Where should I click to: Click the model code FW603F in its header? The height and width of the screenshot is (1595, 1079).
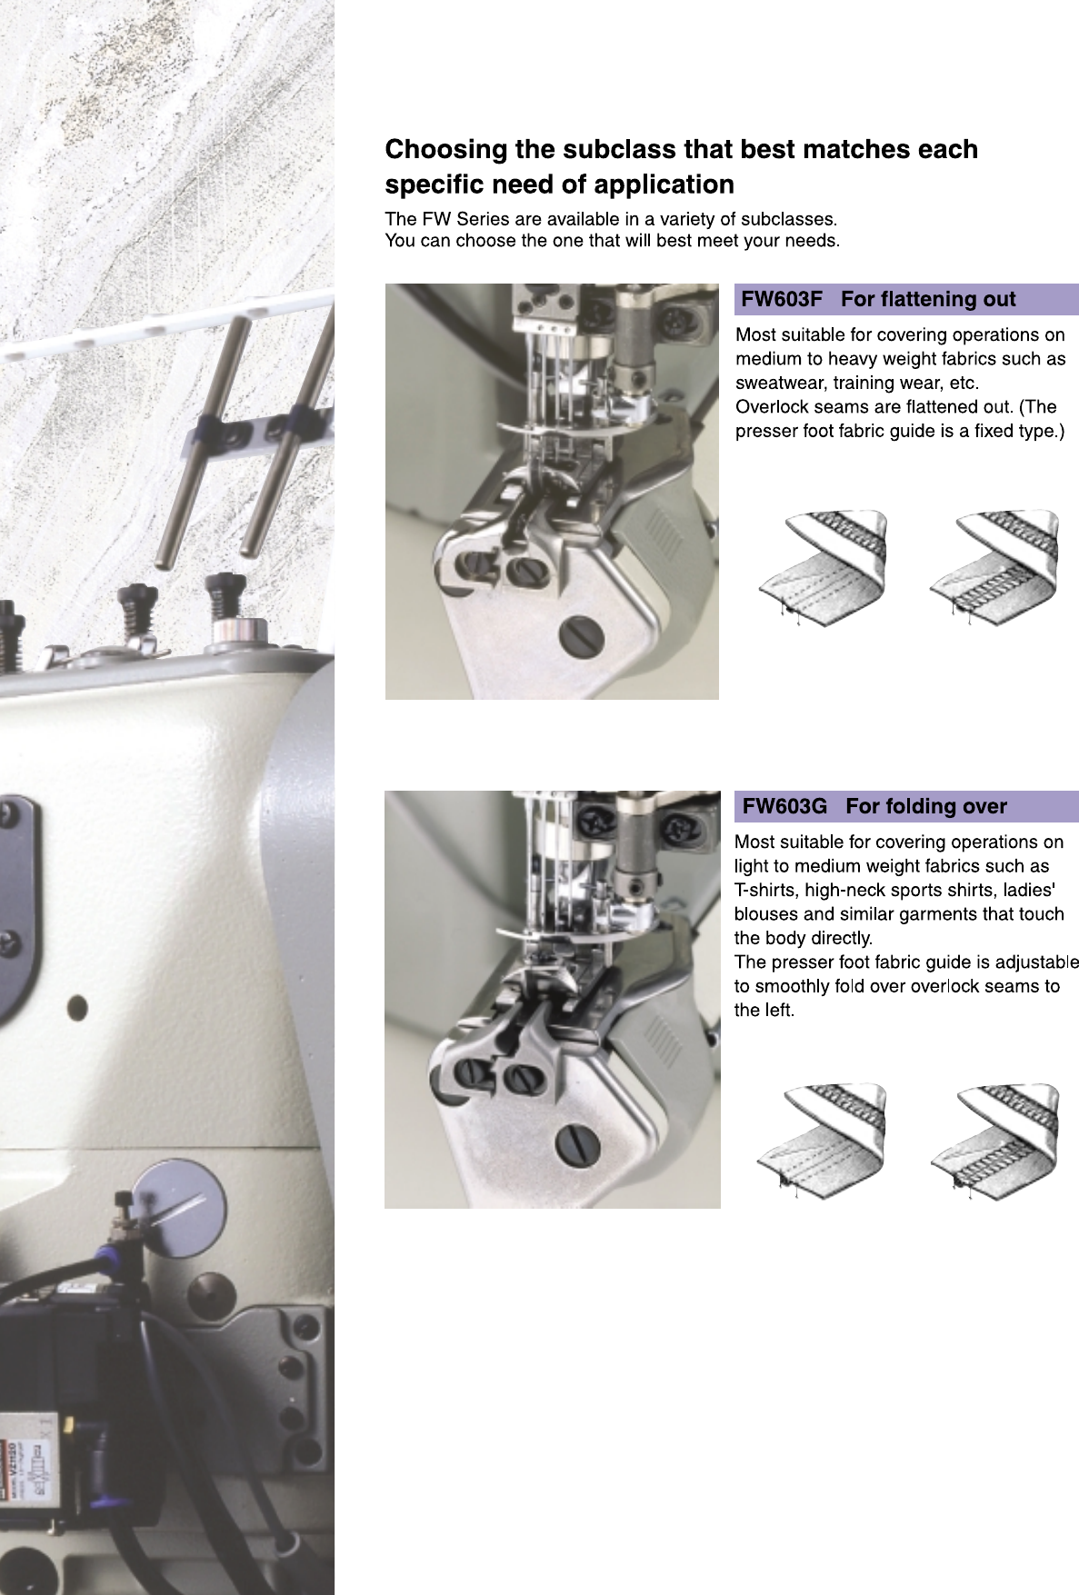point(781,299)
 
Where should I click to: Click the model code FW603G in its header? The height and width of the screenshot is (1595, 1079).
point(784,806)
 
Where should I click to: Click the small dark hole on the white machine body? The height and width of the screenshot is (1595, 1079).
point(77,1006)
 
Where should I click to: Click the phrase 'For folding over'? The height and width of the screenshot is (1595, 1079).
point(926,806)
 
